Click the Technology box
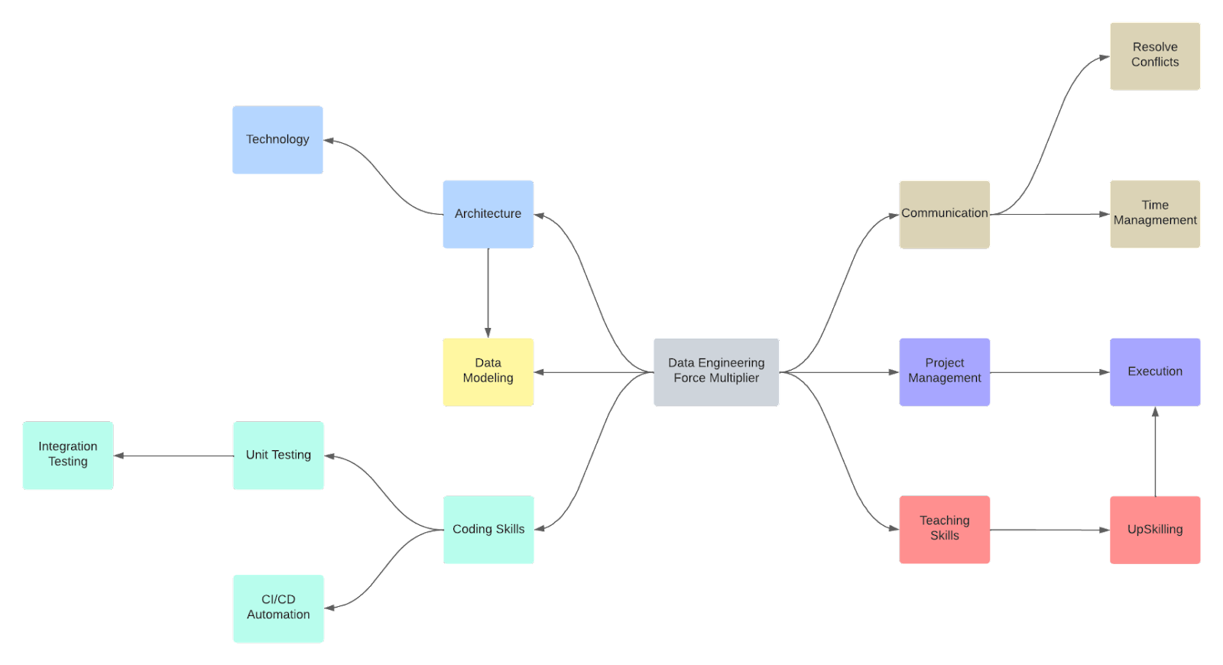277,140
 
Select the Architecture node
488,214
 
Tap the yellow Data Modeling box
488,371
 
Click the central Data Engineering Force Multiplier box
716,371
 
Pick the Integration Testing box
68,456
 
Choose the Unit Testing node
278,456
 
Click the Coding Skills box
488,530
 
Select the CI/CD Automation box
278,608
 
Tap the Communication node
945,214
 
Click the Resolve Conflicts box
1155,56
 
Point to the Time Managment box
1155,214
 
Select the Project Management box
945,371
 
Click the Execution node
1155,371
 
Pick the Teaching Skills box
945,530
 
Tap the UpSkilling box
1155,530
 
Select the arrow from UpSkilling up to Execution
1155,451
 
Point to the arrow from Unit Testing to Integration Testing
174,456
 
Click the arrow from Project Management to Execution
1049,372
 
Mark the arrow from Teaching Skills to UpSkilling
1049,530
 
